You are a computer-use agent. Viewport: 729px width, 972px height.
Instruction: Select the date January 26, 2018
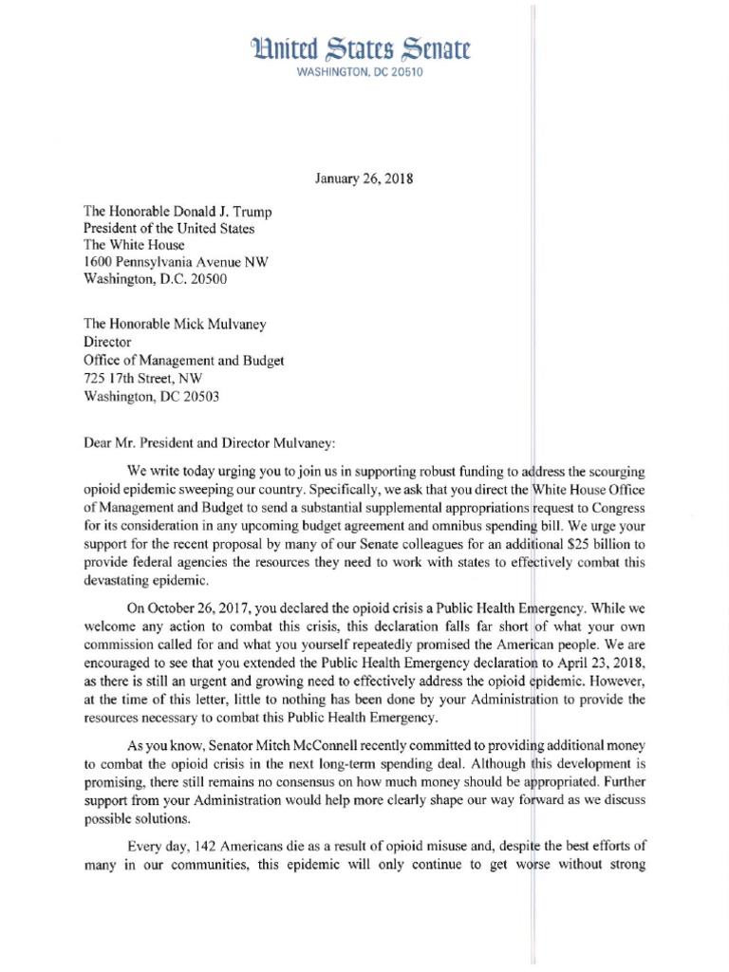tap(364, 178)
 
